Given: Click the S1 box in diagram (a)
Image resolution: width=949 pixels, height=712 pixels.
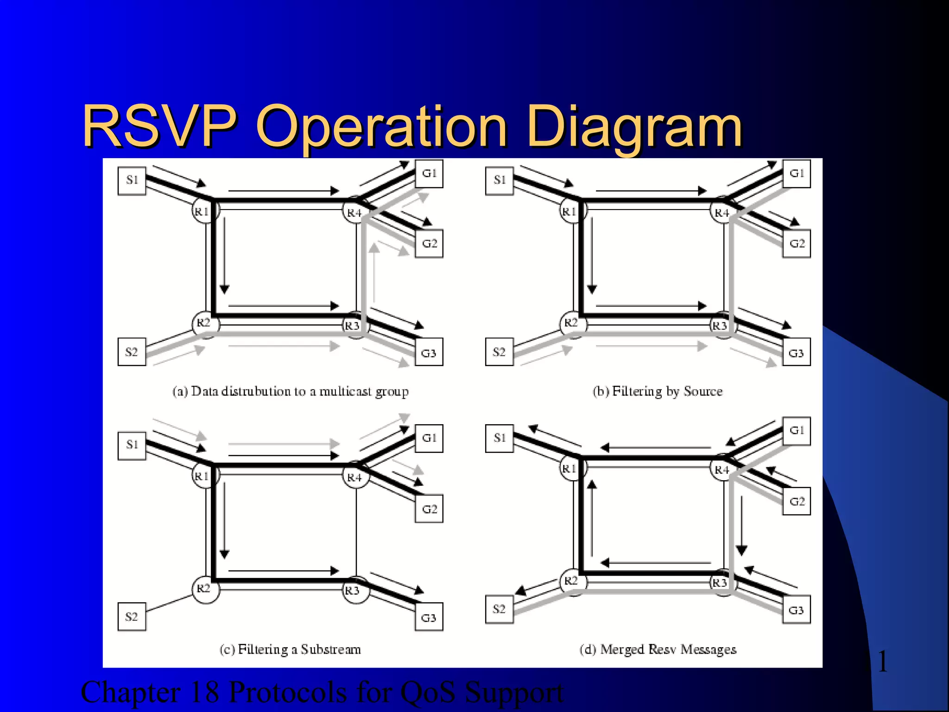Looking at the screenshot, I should tap(132, 181).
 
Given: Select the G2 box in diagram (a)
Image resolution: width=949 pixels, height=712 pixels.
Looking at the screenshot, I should tap(429, 243).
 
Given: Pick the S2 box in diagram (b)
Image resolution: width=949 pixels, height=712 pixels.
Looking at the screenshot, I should tap(499, 352).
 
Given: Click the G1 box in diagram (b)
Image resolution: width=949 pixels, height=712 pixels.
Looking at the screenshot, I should tap(797, 174).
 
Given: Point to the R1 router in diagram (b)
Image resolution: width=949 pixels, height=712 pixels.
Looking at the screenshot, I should tap(571, 212).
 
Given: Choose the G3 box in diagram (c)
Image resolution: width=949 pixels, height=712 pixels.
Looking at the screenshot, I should tap(429, 617).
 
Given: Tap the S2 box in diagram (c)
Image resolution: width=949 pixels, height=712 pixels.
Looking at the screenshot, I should tap(132, 617).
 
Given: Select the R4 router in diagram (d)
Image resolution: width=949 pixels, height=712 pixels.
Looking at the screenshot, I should tap(721, 470).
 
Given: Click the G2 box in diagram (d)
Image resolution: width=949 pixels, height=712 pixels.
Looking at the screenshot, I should tap(797, 501).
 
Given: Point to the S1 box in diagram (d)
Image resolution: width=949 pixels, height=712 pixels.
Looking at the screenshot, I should tap(500, 438).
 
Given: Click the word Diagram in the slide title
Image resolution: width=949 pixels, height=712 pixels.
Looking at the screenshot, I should tap(634, 127).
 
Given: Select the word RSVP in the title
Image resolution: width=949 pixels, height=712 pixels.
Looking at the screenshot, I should tap(159, 126).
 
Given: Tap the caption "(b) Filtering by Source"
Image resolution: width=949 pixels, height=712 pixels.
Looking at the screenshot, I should tap(658, 392).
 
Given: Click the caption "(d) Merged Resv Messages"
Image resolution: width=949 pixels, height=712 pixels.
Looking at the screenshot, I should tap(658, 649).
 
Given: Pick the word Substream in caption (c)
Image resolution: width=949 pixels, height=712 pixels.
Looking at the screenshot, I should tap(330, 649).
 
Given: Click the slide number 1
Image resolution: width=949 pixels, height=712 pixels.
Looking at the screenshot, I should tap(883, 661).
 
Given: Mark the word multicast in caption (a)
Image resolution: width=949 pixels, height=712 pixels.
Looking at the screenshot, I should tap(345, 392).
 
